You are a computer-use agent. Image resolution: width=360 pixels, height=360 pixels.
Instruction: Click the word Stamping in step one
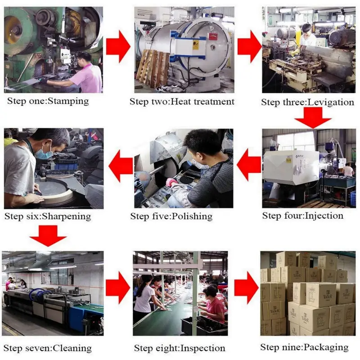click(x=68, y=101)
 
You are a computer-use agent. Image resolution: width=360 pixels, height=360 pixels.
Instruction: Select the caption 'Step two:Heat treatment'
click(x=182, y=102)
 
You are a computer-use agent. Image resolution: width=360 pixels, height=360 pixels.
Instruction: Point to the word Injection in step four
click(x=324, y=216)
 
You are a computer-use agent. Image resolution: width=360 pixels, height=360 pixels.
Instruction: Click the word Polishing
click(x=192, y=216)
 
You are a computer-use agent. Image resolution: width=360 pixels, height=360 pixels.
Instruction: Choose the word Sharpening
click(x=67, y=216)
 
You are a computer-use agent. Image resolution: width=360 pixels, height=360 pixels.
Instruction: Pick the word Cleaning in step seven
click(x=72, y=348)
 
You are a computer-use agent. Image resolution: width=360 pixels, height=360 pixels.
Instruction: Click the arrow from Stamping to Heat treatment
click(x=118, y=47)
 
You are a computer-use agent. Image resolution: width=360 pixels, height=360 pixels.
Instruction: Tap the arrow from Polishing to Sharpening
click(x=121, y=166)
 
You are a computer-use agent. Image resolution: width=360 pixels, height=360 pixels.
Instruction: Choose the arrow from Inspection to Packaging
click(x=247, y=288)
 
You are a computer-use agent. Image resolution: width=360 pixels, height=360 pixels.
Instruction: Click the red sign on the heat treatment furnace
click(x=213, y=36)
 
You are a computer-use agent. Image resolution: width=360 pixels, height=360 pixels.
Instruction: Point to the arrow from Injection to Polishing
click(x=249, y=165)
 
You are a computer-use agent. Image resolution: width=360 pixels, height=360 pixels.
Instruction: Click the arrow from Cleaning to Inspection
click(x=118, y=288)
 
